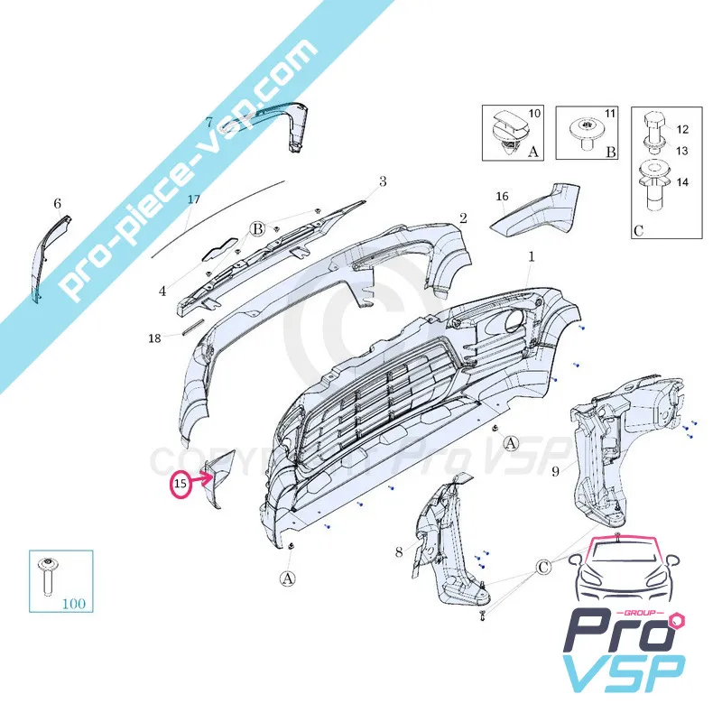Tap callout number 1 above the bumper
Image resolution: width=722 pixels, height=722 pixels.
point(532,257)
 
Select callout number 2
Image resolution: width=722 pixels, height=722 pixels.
point(463,218)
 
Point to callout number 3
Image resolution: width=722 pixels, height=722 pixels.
point(383,182)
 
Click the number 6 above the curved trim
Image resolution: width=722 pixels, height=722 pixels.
point(57,203)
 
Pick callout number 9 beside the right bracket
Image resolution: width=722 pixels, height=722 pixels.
point(555,471)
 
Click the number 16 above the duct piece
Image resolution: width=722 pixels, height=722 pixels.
point(502,197)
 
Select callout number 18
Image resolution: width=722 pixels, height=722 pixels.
point(154,338)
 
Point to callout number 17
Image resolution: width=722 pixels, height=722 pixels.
point(194,199)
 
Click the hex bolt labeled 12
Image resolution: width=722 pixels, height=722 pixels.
point(653,124)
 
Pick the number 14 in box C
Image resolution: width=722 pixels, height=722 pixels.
point(682,182)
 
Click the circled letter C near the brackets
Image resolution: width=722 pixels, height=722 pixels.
point(543,568)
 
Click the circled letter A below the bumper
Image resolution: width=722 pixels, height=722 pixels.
point(288,579)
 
